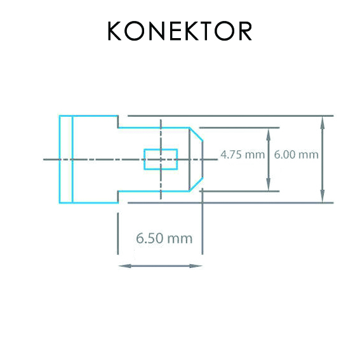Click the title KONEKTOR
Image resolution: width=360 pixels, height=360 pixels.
(x=180, y=30)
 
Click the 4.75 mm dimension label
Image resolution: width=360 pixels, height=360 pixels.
(x=243, y=154)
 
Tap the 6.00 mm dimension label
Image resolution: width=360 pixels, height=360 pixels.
(x=296, y=154)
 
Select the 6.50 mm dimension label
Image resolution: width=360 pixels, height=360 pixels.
(x=164, y=238)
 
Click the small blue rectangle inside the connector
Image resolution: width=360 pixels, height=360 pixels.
(x=161, y=159)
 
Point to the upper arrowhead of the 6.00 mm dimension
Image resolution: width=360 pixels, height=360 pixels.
(x=323, y=122)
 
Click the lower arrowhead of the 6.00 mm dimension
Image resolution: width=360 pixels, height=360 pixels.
(x=323, y=196)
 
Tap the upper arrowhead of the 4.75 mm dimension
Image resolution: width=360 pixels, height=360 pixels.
(x=268, y=135)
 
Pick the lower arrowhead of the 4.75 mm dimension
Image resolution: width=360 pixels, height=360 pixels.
(x=268, y=185)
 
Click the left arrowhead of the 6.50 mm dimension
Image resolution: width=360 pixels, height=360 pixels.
(x=125, y=266)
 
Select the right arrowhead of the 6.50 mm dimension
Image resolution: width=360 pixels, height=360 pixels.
(x=196, y=266)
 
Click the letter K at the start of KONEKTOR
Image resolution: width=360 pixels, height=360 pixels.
(x=114, y=30)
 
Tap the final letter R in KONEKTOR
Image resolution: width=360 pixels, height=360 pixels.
(x=245, y=30)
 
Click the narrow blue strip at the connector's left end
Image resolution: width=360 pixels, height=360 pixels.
(x=66, y=159)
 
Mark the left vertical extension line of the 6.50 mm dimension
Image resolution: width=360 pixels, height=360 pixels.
(x=118, y=234)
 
